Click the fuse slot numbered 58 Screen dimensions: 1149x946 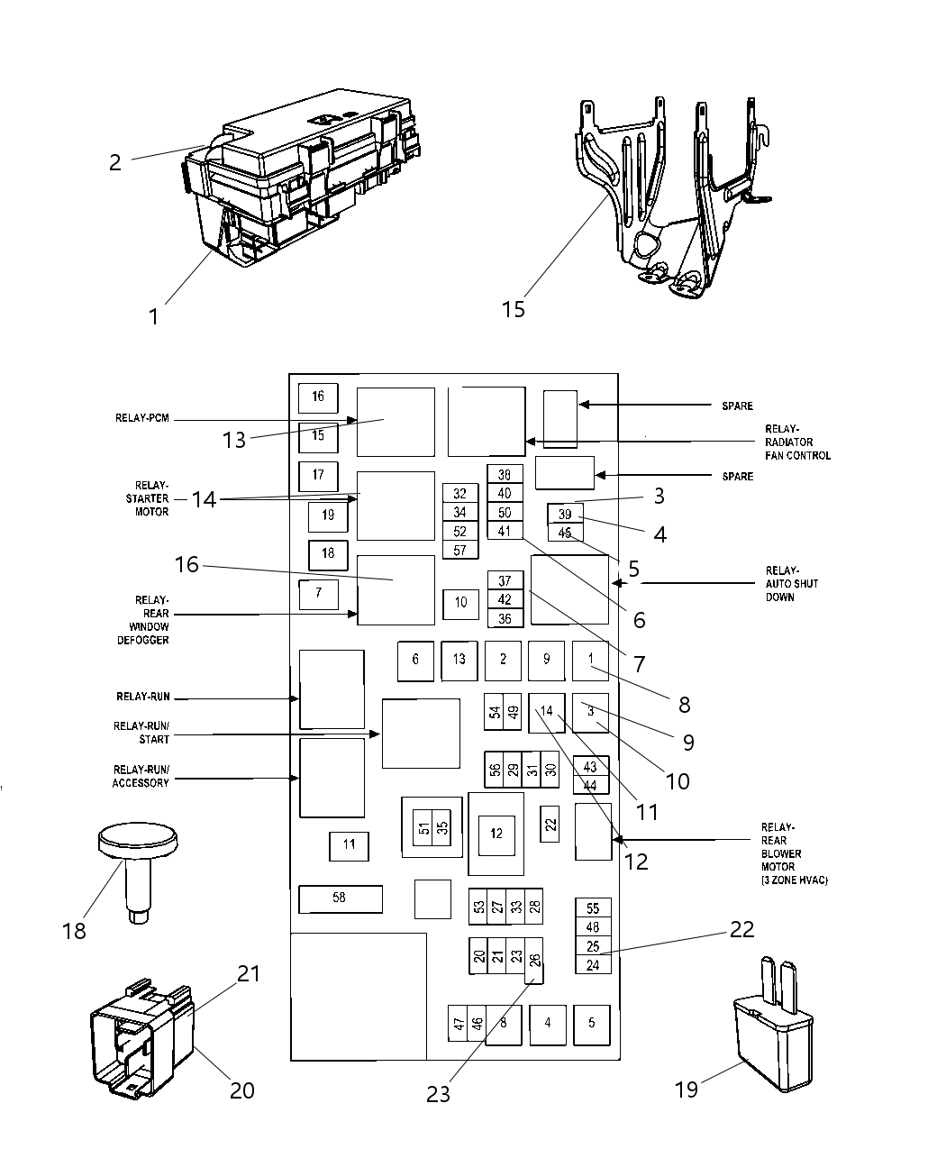(340, 898)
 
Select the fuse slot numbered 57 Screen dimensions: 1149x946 (459, 550)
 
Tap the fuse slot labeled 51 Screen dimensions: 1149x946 (423, 828)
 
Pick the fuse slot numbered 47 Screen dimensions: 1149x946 (459, 1024)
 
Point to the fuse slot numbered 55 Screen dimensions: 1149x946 (593, 908)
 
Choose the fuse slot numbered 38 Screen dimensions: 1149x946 (505, 475)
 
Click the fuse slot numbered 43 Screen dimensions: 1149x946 (591, 767)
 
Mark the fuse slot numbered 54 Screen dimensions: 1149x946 (495, 711)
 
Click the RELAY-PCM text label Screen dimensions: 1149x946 (142, 418)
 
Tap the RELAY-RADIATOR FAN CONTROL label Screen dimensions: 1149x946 (796, 442)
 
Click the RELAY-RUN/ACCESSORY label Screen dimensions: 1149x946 (141, 776)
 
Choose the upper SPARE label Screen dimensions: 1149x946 (737, 406)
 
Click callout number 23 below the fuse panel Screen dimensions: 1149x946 (438, 1094)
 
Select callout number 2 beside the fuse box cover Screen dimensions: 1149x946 (114, 162)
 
